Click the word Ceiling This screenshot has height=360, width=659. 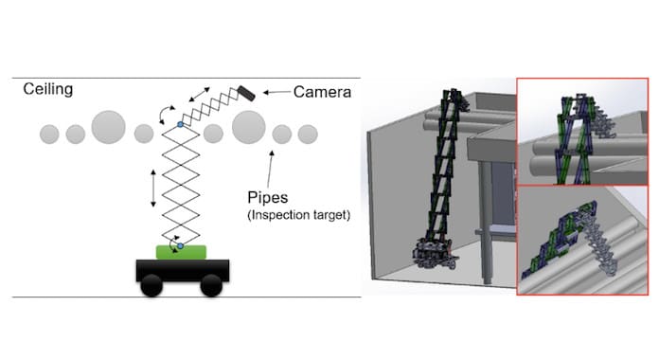pyautogui.click(x=48, y=90)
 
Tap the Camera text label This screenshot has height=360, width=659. pyautogui.click(x=322, y=92)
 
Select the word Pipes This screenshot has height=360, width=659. pyautogui.click(x=268, y=197)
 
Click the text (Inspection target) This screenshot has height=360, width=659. pyautogui.click(x=299, y=215)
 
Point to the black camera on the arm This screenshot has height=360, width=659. pyautogui.click(x=246, y=94)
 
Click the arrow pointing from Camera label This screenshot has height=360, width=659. pyautogui.click(x=276, y=92)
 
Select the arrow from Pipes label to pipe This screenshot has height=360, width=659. pyautogui.click(x=270, y=169)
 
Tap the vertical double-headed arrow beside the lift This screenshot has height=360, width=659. pyautogui.click(x=153, y=188)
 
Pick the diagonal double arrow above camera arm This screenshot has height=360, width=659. pyautogui.click(x=199, y=95)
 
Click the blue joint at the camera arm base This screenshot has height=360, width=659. pyautogui.click(x=180, y=124)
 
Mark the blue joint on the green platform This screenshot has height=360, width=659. pyautogui.click(x=180, y=245)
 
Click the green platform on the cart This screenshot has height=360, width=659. pyautogui.click(x=181, y=253)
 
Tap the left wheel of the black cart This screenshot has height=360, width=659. pyautogui.click(x=151, y=285)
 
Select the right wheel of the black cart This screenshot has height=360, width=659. pyautogui.click(x=211, y=285)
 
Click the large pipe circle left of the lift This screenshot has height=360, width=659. pyautogui.click(x=109, y=128)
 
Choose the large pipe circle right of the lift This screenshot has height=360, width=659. pyautogui.click(x=249, y=128)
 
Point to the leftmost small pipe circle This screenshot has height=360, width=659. pyautogui.click(x=49, y=135)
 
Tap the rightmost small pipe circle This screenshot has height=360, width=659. pyautogui.click(x=308, y=135)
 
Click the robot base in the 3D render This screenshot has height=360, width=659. pyautogui.click(x=433, y=253)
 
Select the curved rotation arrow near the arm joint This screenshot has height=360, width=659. pyautogui.click(x=166, y=114)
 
